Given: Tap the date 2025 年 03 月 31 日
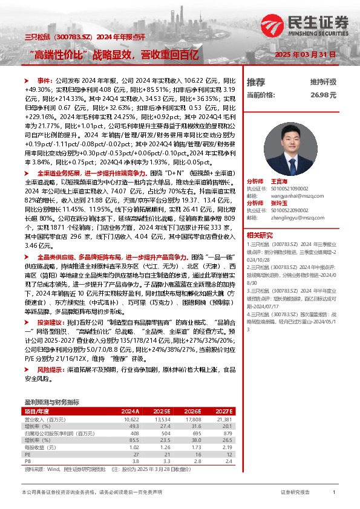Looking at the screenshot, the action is [306, 54].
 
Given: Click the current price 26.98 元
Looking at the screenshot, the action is [323, 95].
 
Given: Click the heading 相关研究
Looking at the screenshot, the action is [260, 235].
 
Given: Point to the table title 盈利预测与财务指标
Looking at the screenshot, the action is [51, 401].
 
